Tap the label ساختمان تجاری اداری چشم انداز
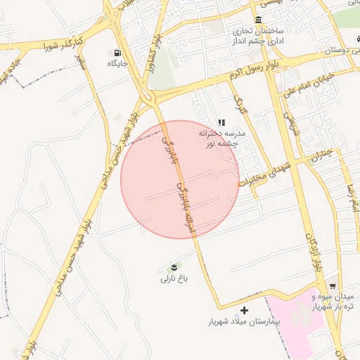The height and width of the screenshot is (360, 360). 259,36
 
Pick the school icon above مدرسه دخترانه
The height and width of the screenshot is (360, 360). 222,122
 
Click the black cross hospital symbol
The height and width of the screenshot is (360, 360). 244,310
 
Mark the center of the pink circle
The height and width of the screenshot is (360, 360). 180,179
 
